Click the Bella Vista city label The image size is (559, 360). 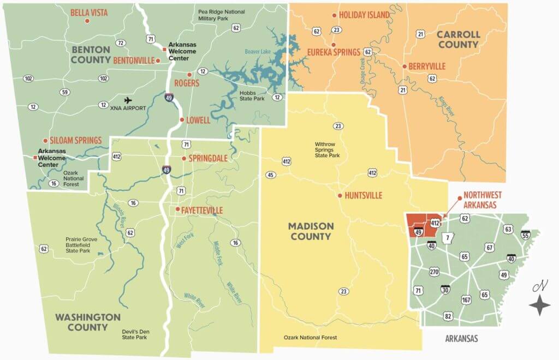click(92, 13)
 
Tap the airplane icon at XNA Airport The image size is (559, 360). click(128, 100)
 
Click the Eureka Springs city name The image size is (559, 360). click(334, 52)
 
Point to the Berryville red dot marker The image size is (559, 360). click(404, 67)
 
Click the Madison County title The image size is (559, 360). click(310, 231)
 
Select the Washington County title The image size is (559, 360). click(87, 322)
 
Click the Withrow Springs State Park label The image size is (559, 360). click(327, 151)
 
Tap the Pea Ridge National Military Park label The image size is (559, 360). click(222, 15)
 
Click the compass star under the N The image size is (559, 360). click(540, 305)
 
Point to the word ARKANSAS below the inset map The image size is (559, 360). click(461, 339)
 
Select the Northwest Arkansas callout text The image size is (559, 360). click(483, 199)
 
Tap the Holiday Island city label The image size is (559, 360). click(364, 15)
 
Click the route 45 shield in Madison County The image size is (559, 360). click(270, 175)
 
